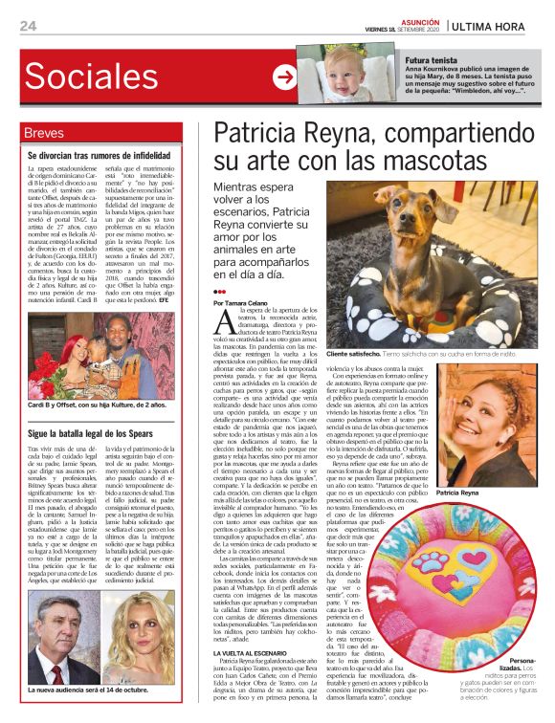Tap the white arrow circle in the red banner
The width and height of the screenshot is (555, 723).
284,77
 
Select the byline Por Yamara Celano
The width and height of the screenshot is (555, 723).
248,302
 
